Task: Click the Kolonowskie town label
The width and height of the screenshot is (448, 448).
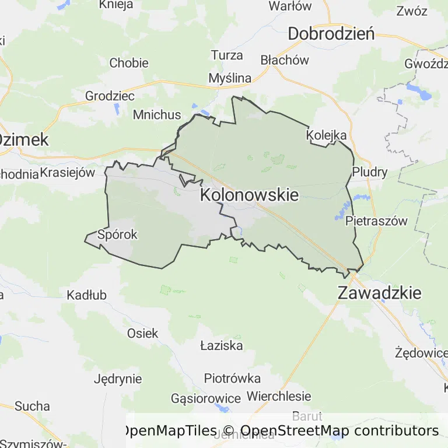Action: [249, 195]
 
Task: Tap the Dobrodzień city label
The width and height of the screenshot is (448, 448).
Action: [331, 34]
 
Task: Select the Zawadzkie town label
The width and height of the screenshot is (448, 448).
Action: [379, 293]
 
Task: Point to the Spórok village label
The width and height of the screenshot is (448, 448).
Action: [118, 235]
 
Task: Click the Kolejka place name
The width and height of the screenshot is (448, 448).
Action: [327, 135]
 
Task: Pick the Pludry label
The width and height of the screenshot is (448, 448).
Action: [370, 172]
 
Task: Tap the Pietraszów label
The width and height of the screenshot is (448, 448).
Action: [376, 221]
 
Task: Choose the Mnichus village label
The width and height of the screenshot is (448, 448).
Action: [157, 114]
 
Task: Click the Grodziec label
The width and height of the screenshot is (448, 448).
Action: [110, 96]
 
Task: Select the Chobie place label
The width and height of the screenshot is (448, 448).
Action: [129, 63]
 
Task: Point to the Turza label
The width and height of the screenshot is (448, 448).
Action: [227, 55]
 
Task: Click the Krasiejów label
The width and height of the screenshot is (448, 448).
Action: [67, 173]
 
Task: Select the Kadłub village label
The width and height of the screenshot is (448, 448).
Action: [87, 295]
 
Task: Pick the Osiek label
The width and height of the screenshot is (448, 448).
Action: [143, 333]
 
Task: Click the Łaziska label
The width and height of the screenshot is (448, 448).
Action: [221, 345]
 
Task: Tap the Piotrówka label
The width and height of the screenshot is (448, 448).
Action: [232, 378]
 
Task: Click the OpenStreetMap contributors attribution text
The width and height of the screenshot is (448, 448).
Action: [339, 430]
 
